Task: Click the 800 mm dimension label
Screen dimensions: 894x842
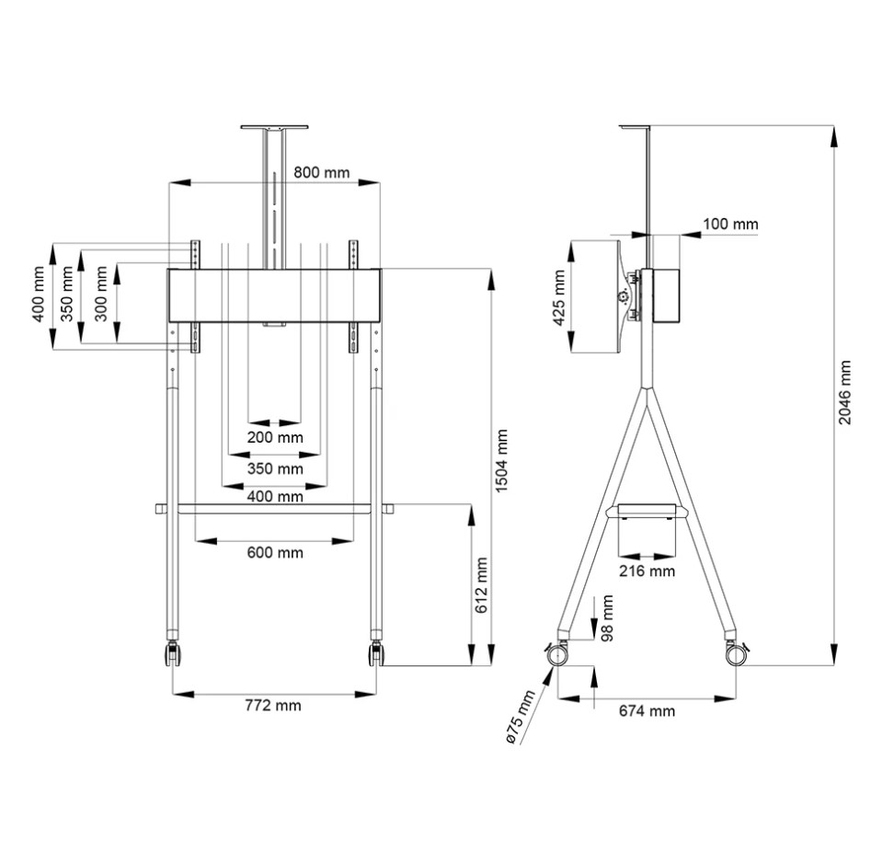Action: (x=322, y=172)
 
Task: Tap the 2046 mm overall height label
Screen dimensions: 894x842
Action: (x=844, y=392)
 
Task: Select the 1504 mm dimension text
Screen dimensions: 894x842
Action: (x=500, y=461)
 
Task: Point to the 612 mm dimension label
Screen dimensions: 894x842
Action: (x=481, y=585)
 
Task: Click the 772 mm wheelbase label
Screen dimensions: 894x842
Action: (x=273, y=705)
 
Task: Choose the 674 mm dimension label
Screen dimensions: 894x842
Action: (x=648, y=710)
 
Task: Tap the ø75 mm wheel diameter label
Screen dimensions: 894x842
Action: (x=520, y=717)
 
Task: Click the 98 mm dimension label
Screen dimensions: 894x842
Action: (x=607, y=618)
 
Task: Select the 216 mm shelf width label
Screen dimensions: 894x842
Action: (x=648, y=571)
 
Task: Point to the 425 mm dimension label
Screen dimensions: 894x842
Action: (x=559, y=298)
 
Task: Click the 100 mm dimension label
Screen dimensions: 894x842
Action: (x=730, y=224)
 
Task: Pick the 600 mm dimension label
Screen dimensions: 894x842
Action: (x=275, y=552)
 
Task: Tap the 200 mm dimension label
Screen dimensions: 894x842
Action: (x=275, y=437)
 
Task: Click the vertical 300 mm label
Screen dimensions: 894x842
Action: (x=101, y=294)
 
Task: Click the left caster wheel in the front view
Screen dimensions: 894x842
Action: (x=173, y=653)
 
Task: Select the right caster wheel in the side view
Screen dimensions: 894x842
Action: (x=737, y=653)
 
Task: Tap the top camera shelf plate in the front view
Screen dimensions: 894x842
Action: (x=274, y=127)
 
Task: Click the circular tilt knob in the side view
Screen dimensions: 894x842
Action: (x=624, y=296)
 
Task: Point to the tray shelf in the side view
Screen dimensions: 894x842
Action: (x=648, y=510)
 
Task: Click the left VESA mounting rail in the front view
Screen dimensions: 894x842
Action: (x=195, y=296)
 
